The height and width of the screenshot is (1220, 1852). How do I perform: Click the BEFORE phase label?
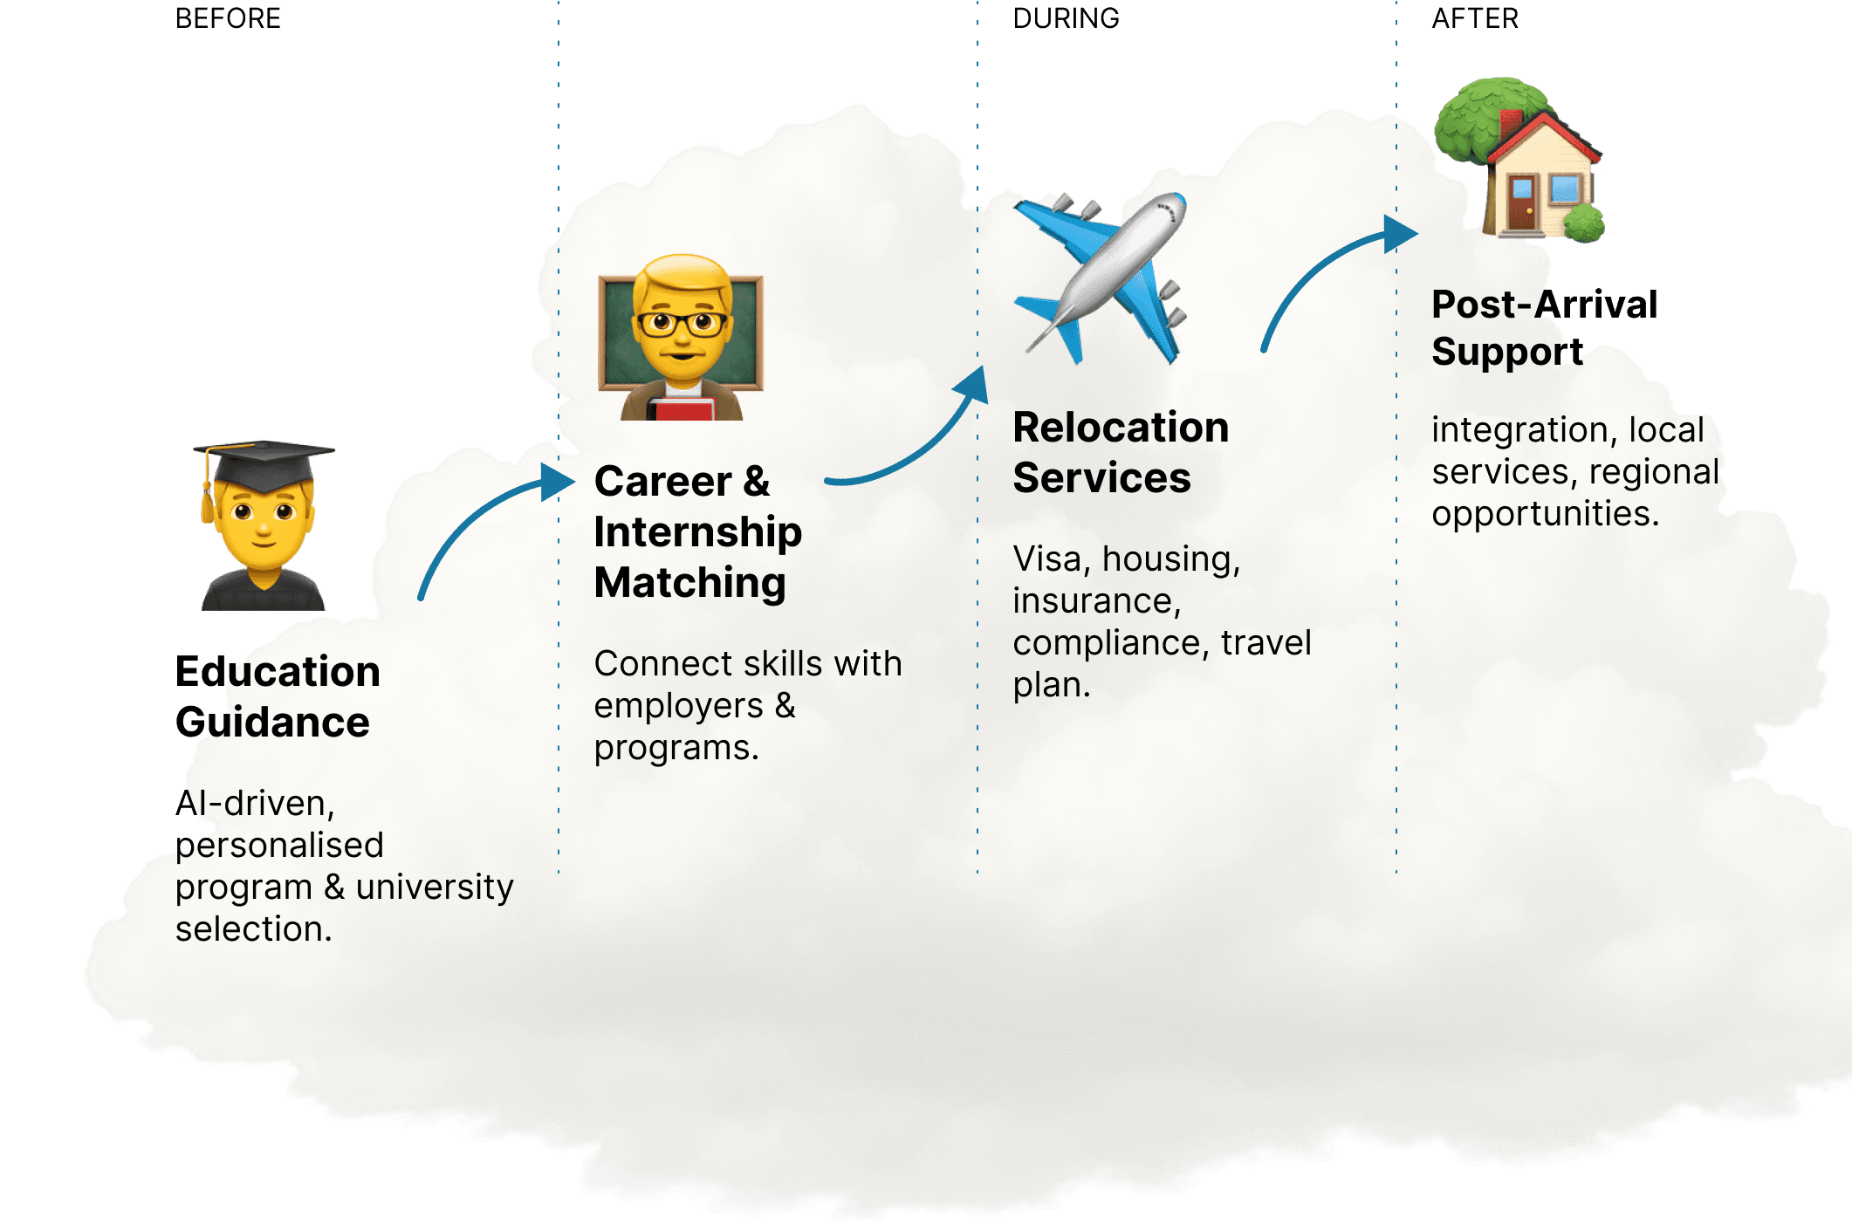coord(228,18)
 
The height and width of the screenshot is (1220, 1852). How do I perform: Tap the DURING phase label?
coord(1066,18)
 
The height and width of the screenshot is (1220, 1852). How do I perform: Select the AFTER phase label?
coord(1475,18)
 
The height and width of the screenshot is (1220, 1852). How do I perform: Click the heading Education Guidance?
coord(278,696)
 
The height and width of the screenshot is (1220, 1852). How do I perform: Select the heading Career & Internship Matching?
coord(697,531)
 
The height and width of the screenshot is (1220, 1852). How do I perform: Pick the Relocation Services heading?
coord(1121,452)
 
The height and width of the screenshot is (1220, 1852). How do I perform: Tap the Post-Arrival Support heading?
coord(1544,328)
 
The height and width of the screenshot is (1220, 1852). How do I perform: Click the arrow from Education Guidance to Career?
coord(489,524)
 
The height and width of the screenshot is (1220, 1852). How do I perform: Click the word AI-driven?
coord(255,803)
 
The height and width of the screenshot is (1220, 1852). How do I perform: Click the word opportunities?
coord(1545,513)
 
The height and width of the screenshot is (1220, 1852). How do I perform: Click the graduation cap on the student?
coord(264,463)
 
